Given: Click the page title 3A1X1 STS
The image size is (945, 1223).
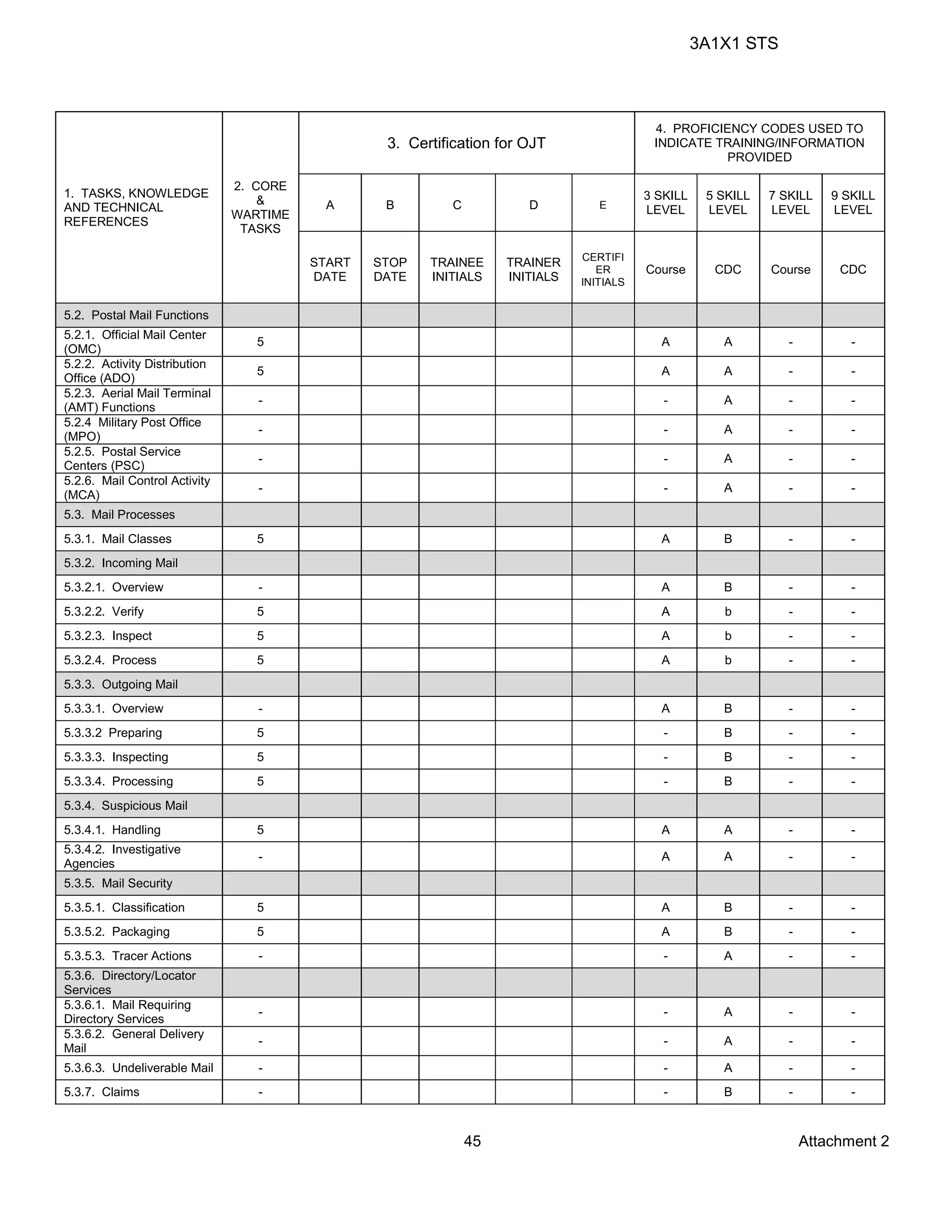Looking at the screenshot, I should pos(733,44).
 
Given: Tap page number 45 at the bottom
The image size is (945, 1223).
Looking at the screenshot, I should pos(472,1141).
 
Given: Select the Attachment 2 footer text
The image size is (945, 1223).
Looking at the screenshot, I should pos(843,1141).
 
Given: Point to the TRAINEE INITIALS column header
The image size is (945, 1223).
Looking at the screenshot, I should pos(457,270).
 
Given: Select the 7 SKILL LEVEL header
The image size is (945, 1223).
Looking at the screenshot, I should pos(790,203).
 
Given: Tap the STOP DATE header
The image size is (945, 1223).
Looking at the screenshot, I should pos(389,270).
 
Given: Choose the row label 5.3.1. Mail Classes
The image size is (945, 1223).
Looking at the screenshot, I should pos(118,539).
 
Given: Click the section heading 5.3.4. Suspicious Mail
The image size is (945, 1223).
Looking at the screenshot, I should pos(126,805).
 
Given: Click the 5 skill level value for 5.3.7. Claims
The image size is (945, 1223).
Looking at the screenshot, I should pos(728,1092).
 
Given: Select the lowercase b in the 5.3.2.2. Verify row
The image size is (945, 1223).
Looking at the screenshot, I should pos(728,611).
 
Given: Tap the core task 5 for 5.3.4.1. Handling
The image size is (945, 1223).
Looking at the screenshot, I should pos(260,830).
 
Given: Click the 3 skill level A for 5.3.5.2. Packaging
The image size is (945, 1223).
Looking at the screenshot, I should pos(665,932).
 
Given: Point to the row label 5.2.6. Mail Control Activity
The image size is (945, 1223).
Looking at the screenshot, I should pos(137,487).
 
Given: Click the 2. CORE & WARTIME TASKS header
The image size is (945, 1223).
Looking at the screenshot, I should pos(260,207).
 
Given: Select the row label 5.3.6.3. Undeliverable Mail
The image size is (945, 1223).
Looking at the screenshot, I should pos(138,1068).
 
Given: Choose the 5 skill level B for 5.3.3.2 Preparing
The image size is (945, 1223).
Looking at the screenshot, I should pos(728,733).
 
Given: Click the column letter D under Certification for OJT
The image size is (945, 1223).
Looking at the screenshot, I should pos(533,205).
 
